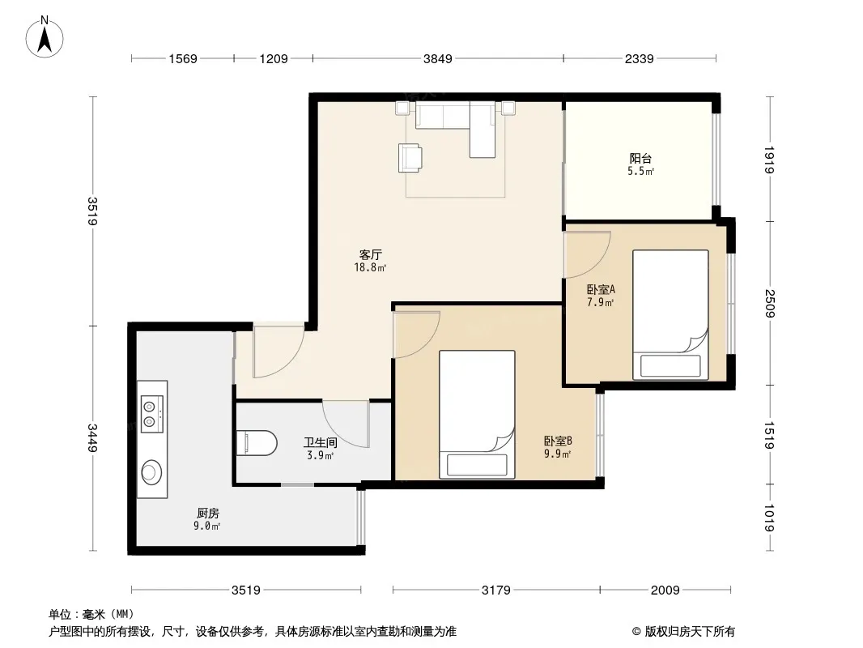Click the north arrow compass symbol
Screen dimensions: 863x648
45,37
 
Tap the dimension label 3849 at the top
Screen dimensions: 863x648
437,58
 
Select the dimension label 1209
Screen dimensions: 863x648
274,58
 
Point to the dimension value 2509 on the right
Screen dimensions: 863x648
769,304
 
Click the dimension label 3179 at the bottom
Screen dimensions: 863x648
496,590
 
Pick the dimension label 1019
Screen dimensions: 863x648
769,518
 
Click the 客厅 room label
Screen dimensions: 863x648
371,254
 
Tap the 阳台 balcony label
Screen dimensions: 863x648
640,159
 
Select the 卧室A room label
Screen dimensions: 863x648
601,289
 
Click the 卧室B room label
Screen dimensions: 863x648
558,441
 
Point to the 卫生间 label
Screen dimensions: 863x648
321,442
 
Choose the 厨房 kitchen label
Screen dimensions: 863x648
208,513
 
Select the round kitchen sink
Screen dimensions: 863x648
151,471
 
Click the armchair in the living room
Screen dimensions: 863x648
410,158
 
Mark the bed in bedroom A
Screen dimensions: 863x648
670,314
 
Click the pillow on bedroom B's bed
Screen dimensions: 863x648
477,465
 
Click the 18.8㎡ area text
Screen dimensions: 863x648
371,267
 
